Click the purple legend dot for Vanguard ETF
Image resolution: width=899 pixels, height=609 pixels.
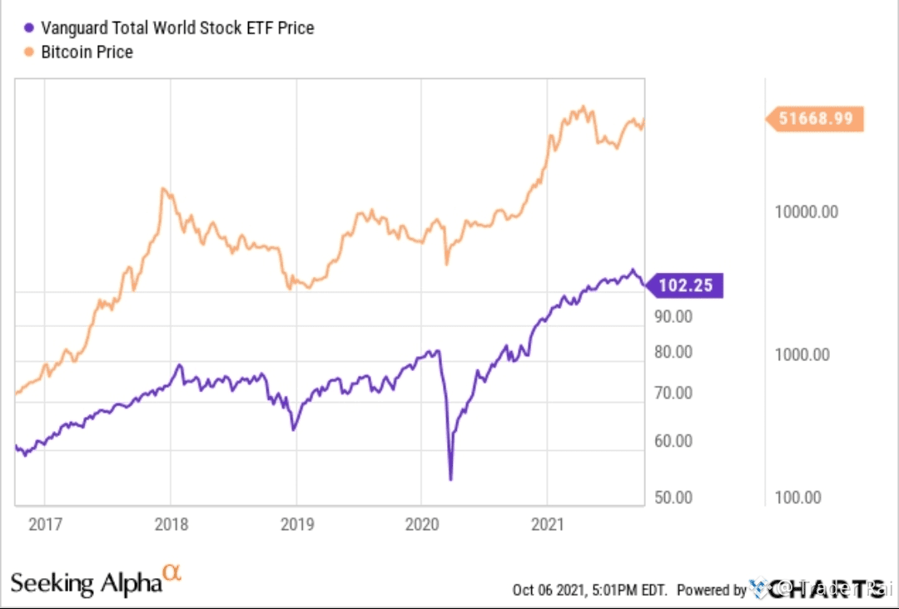coord(30,27)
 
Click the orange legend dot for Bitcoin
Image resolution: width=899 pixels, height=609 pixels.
coord(30,52)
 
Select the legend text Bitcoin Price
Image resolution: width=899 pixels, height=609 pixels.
coord(87,52)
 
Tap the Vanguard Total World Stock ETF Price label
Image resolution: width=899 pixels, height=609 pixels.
coord(177,27)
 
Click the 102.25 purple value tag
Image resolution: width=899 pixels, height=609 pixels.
coord(685,285)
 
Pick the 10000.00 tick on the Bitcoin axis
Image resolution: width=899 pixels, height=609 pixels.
coord(807,211)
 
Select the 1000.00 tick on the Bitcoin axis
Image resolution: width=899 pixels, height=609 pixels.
coord(802,354)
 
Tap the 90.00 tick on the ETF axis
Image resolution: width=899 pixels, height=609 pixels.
coord(673,316)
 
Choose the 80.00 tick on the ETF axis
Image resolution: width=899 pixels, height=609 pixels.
coord(673,352)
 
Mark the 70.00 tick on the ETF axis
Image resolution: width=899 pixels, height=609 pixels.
coord(673,393)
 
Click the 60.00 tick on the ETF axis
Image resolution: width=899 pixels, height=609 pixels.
coord(673,441)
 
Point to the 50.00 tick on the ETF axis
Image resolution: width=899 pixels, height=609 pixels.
coord(673,498)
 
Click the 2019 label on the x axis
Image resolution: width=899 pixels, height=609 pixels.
coord(297,525)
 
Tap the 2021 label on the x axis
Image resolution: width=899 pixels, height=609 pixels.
coord(547,525)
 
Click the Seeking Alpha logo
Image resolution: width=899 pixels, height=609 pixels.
coord(96,580)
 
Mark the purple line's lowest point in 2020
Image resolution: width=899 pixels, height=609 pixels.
coord(450,479)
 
